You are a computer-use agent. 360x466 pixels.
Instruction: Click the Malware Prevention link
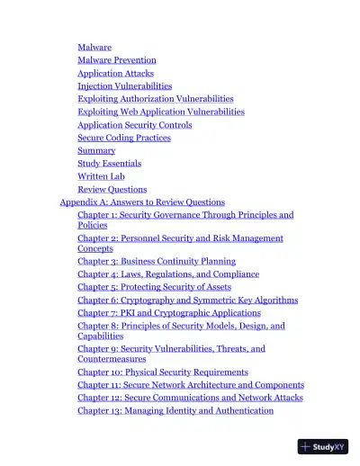coord(116,60)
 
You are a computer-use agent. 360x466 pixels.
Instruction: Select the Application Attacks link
coord(115,73)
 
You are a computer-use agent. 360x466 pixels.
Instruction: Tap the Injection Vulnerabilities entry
coord(124,86)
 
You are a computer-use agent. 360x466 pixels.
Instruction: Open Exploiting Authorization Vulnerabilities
coord(155,99)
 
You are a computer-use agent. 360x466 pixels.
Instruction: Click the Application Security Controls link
coord(134,125)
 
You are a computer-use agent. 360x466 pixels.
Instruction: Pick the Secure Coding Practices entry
coord(123,138)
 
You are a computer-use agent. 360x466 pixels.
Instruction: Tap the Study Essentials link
coord(110,164)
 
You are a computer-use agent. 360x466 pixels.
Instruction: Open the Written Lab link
coord(99,176)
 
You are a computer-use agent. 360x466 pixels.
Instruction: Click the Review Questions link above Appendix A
coord(112,190)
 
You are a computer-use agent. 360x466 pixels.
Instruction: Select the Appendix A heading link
coord(141,202)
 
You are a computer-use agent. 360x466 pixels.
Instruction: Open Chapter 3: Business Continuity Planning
coord(156,261)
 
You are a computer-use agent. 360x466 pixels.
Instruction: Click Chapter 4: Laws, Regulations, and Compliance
coord(167,273)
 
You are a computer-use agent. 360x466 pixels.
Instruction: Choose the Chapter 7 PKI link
coord(161,313)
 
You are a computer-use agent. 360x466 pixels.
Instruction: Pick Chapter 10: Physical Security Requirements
coord(162,372)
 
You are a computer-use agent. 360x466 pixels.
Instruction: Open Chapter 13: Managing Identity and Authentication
coord(175,410)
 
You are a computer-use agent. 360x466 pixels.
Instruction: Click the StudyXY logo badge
coord(323,445)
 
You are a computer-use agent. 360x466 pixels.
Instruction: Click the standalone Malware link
coord(94,47)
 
